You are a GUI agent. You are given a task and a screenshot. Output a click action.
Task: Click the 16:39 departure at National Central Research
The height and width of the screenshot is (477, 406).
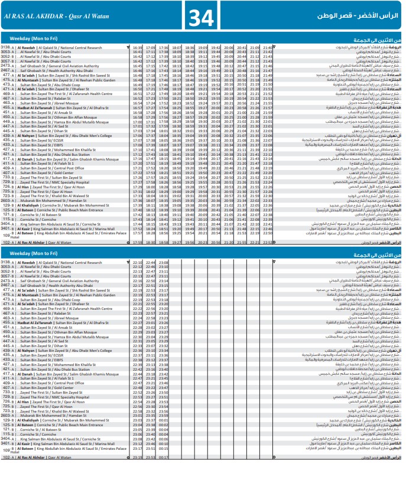coord(138,47)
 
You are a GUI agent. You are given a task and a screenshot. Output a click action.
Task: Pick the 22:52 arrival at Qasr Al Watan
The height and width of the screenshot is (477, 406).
coord(267,242)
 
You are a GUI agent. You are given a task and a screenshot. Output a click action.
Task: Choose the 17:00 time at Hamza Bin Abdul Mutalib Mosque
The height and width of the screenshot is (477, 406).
coord(138,122)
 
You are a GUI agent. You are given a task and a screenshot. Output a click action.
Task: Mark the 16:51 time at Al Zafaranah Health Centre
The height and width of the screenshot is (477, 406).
coord(138,93)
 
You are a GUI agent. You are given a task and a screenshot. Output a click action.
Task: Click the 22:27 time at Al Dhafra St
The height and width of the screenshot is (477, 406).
coord(138,323)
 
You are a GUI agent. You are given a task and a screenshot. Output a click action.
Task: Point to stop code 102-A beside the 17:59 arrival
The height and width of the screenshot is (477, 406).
coord(7,242)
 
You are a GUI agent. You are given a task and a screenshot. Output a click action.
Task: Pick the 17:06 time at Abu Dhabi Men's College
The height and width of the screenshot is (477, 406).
coord(138,135)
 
